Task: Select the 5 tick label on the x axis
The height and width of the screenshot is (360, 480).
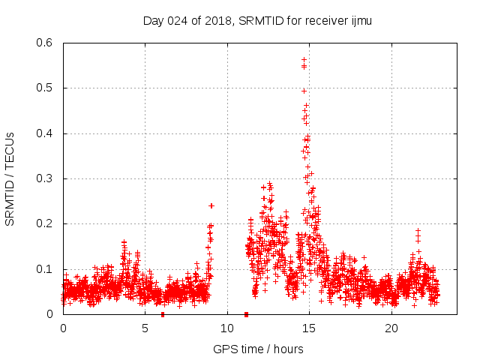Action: pos(145,328)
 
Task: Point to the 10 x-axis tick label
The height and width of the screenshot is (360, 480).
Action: pos(227,328)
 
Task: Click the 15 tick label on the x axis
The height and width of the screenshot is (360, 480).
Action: pos(310,328)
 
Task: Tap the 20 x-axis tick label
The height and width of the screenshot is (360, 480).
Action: pos(391,328)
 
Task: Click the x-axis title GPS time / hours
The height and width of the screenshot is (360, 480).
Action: pos(258,349)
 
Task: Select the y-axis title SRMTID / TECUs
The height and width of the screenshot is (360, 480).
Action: pos(10,178)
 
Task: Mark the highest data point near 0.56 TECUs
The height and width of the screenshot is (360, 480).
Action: pos(304,59)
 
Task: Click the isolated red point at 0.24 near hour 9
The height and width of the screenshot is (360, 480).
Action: pos(211,205)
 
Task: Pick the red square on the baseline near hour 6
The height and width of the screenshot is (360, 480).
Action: pos(163,314)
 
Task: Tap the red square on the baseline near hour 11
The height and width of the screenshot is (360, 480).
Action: pos(246,314)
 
